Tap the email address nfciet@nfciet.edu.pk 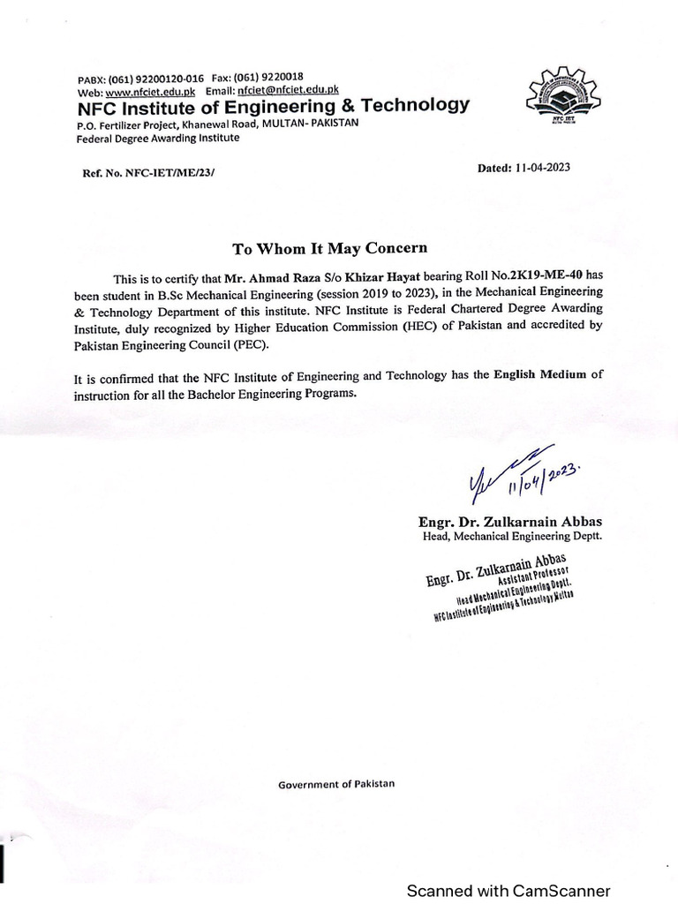coord(289,91)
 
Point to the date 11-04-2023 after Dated coord(541,167)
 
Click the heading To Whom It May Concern coord(328,248)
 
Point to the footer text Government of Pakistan coord(337,784)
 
